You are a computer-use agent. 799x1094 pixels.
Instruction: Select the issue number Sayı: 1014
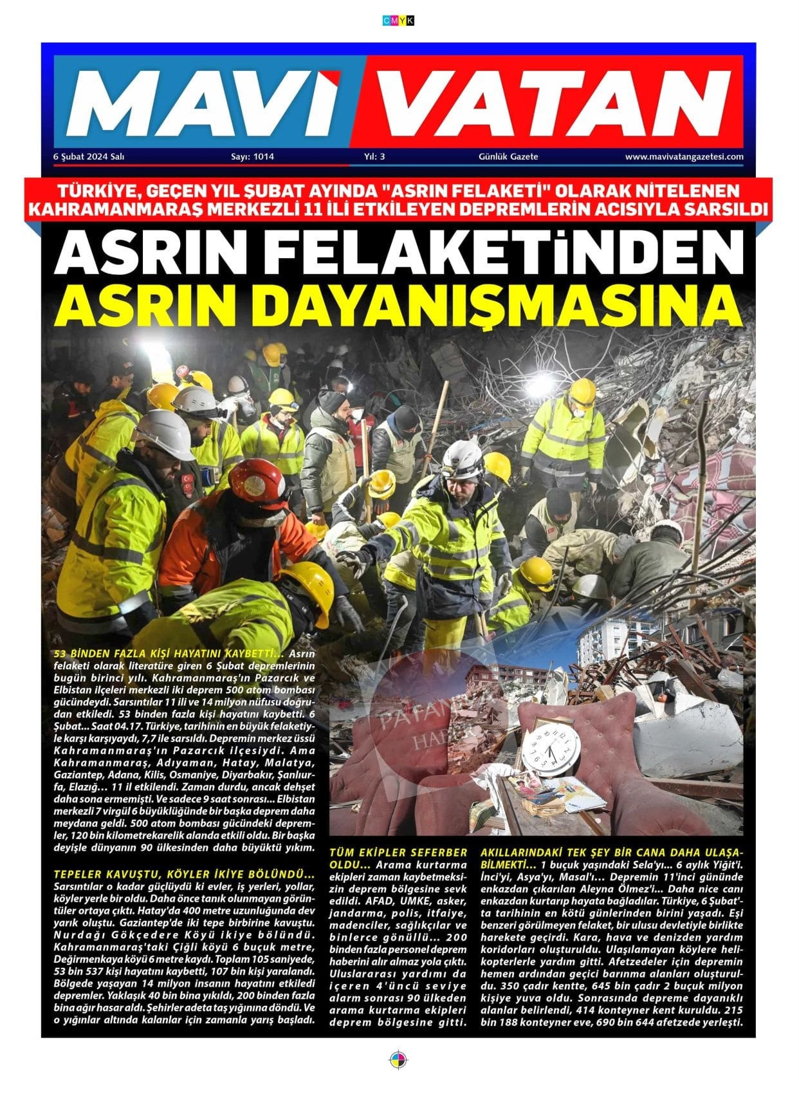pos(252,156)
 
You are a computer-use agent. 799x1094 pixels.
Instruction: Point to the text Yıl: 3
pos(374,156)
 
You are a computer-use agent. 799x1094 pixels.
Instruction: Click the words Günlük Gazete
pos(508,156)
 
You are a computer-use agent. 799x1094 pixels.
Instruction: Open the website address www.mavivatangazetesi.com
pos(684,156)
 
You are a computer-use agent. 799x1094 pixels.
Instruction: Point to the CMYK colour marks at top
pos(398,21)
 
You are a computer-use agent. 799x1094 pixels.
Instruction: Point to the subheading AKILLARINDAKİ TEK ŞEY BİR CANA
pos(611,852)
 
